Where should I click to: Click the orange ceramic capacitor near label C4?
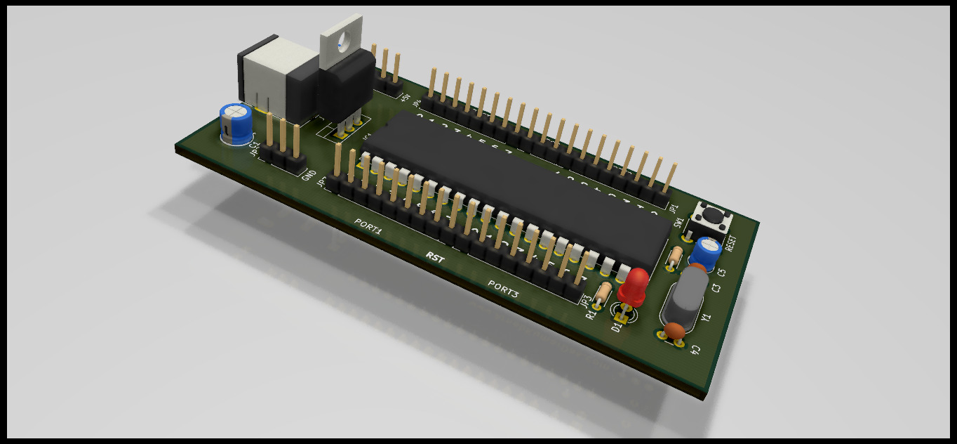(x=676, y=329)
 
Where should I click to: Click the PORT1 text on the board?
(x=368, y=226)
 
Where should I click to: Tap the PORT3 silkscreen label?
(x=503, y=288)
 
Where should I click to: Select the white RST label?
(x=435, y=257)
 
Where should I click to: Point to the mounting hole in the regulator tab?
(x=342, y=44)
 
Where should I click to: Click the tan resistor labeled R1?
(x=602, y=293)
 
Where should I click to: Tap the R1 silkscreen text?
(x=591, y=314)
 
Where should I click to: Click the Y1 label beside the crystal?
(x=706, y=318)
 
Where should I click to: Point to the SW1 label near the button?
(x=678, y=223)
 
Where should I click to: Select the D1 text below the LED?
(x=617, y=325)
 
